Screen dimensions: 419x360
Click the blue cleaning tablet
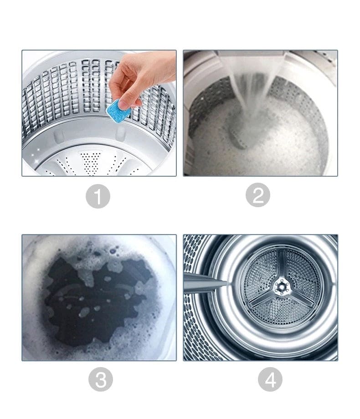coord(118,109)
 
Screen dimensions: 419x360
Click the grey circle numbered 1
coord(98,197)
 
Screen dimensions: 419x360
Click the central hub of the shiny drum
coord(281,285)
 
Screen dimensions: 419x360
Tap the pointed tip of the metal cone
coord(226,284)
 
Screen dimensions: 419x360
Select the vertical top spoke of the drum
coord(282,266)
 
